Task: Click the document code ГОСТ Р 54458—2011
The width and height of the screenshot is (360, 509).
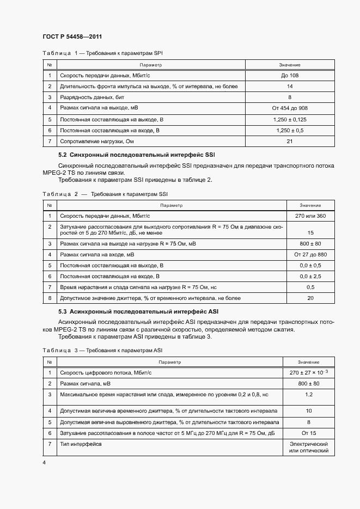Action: pos(72,36)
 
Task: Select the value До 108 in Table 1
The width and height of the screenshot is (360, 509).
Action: pos(290,76)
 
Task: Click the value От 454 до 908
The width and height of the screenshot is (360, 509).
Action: pos(290,108)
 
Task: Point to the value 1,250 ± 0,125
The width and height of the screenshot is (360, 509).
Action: pos(290,119)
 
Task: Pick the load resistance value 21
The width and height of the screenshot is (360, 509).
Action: pos(290,142)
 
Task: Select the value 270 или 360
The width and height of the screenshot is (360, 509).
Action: pos(310,216)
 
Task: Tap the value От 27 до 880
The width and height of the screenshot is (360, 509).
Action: pos(310,254)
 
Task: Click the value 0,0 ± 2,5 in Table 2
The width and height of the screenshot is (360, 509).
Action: pos(310,276)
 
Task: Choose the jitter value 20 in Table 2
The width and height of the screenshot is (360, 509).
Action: pos(310,298)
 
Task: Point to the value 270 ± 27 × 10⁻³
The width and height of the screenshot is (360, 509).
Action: pos(309,372)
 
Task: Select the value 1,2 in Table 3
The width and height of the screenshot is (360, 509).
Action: pos(309,394)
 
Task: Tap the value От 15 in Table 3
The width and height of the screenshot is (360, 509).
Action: pos(309,433)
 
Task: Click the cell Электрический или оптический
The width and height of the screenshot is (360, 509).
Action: pos(309,447)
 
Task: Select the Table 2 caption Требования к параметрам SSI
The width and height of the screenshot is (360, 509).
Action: pos(129,194)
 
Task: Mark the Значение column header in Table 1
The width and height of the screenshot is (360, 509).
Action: pos(290,65)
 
